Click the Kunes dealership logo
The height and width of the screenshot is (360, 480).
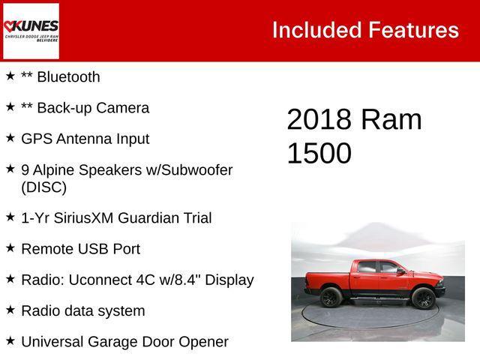31,30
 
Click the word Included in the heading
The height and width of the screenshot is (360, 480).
316,30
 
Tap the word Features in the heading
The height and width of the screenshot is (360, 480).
412,30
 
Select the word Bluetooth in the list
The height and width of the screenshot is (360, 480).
67,76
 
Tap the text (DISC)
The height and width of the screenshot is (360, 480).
43,187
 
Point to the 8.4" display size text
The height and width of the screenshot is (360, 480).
190,280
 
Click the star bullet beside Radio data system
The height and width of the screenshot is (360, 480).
10,310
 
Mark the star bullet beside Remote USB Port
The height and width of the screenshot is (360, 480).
10,247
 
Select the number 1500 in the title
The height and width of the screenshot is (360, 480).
319,153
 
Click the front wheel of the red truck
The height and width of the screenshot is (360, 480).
423,298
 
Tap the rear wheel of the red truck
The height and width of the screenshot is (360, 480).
331,298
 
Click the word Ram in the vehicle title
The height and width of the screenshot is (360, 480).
391,120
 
